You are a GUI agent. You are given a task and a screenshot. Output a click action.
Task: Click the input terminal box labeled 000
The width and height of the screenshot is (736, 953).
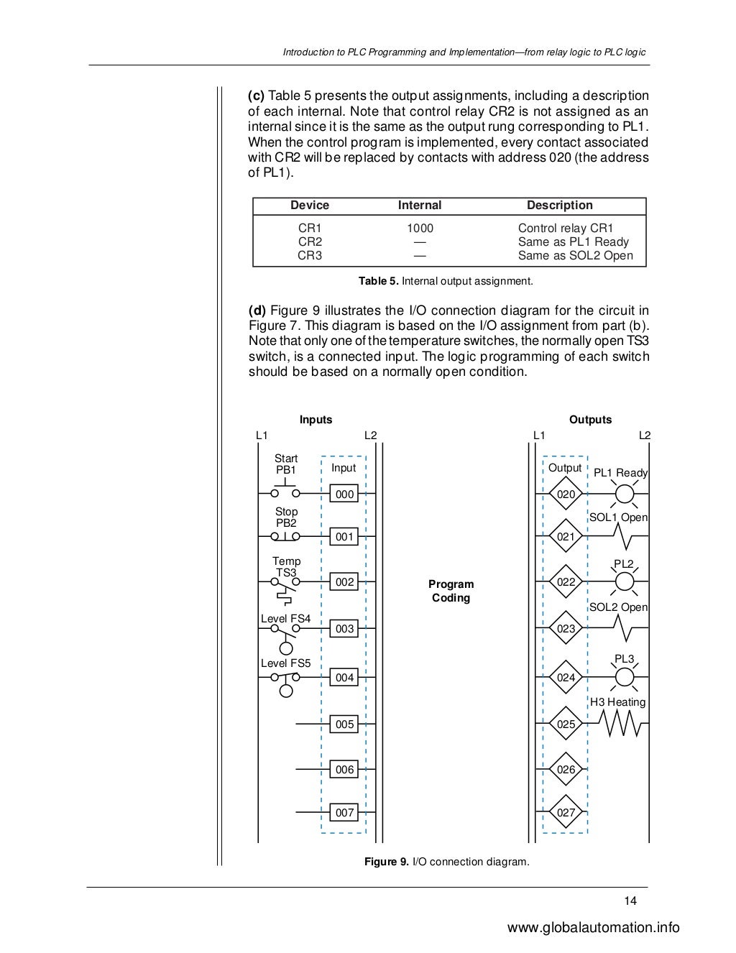pyautogui.click(x=345, y=494)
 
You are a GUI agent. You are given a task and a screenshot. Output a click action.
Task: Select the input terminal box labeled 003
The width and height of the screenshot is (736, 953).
pyautogui.click(x=345, y=629)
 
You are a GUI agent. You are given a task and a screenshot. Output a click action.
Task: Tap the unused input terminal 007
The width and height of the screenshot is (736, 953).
pyautogui.click(x=345, y=813)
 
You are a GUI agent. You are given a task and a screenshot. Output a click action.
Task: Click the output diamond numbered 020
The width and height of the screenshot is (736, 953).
pyautogui.click(x=566, y=494)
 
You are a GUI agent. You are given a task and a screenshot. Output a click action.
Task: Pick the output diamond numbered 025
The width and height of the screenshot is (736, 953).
pyautogui.click(x=566, y=724)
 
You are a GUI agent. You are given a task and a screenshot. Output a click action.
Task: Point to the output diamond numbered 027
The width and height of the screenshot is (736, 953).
pyautogui.click(x=566, y=813)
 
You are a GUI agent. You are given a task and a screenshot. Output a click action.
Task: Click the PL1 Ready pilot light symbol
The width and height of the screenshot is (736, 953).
pyautogui.click(x=625, y=494)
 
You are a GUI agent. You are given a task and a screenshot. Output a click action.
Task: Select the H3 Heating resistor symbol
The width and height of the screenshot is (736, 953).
pyautogui.click(x=618, y=723)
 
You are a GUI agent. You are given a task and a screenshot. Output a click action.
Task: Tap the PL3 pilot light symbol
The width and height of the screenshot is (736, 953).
pyautogui.click(x=625, y=677)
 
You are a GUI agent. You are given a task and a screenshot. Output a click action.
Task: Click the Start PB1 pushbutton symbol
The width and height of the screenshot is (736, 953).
pyautogui.click(x=285, y=491)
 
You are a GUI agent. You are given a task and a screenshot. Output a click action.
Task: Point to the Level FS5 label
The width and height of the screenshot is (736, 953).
pyautogui.click(x=285, y=663)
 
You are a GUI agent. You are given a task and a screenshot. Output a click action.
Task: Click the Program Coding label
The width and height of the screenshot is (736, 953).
pyautogui.click(x=451, y=591)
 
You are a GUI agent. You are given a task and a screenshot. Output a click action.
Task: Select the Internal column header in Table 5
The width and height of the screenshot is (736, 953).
pyautogui.click(x=420, y=206)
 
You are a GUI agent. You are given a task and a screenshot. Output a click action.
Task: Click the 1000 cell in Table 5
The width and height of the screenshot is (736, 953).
pyautogui.click(x=420, y=229)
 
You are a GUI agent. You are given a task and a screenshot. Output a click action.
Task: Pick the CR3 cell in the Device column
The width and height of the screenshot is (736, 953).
pyautogui.click(x=310, y=256)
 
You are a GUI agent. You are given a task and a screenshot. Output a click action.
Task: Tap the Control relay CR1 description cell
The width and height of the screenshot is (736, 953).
pyautogui.click(x=566, y=229)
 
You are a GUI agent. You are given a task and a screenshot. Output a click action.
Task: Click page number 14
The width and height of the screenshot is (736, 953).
pyautogui.click(x=630, y=901)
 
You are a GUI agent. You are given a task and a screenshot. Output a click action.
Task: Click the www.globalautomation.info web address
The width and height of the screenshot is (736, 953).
pyautogui.click(x=593, y=928)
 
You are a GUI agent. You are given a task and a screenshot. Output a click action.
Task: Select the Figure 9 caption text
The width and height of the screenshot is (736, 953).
pyautogui.click(x=446, y=862)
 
